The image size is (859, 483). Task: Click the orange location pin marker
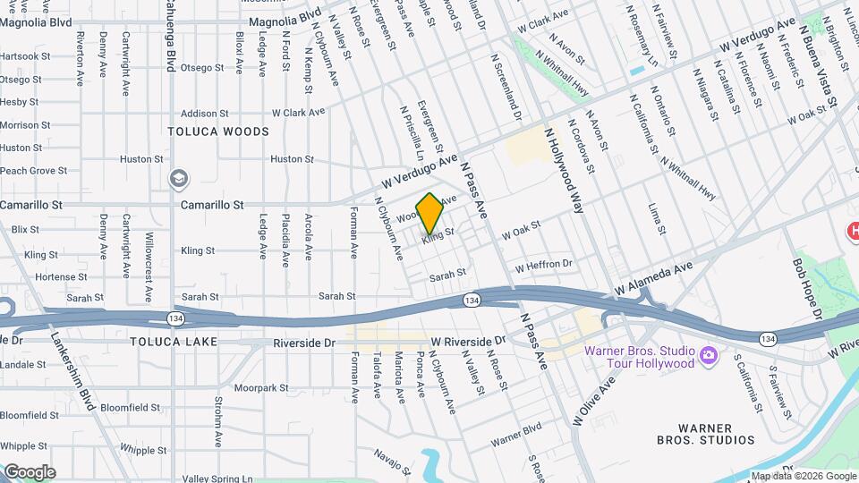click(430, 212)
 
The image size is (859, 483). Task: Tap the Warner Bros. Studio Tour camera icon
click(708, 355)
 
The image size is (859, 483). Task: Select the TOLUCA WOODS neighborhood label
click(218, 131)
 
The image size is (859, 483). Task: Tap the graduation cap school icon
click(179, 179)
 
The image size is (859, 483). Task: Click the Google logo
click(30, 472)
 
